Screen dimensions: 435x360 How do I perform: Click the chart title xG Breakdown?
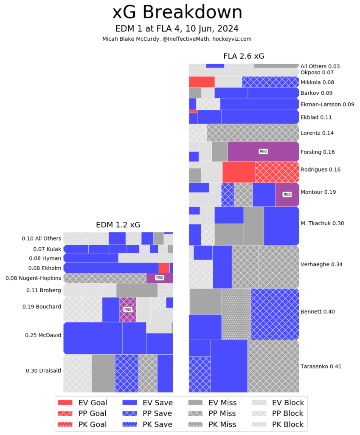tap(177, 13)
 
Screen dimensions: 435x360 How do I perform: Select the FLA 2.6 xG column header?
tap(244, 56)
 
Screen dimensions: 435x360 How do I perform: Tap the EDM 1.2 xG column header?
tap(118, 225)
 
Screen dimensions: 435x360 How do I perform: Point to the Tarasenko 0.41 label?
tap(321, 366)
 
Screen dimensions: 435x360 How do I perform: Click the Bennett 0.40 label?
tap(318, 311)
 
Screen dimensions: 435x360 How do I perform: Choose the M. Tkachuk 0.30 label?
tap(322, 223)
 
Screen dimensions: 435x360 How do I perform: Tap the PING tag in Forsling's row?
tap(263, 151)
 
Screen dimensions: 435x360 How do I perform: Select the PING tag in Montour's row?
tap(287, 194)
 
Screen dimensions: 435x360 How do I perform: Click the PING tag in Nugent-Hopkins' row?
tap(160, 278)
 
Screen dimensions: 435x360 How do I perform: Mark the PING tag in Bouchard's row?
tap(128, 309)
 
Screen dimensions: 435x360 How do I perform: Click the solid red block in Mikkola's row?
tap(202, 82)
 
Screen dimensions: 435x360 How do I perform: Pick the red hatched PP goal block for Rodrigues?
tap(277, 172)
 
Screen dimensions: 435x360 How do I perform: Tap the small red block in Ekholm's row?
tap(164, 268)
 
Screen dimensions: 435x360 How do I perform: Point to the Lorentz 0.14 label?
tap(317, 133)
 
